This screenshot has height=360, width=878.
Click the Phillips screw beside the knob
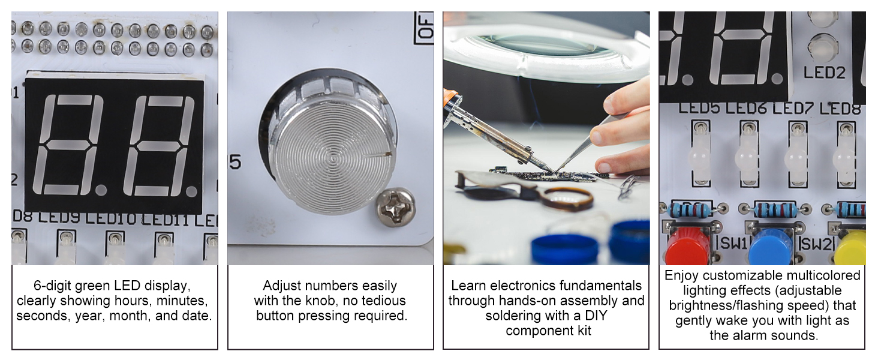[x=396, y=207]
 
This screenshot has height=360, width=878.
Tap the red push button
[x=688, y=246]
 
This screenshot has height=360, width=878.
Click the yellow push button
[x=850, y=248]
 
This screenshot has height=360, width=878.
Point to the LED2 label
[x=824, y=73]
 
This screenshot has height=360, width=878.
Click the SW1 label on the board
[x=733, y=244]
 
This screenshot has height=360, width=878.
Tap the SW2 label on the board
[x=816, y=244]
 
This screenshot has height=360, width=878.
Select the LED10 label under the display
[x=111, y=218]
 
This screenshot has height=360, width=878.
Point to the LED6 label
[x=746, y=108]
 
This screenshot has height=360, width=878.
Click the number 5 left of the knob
[x=235, y=162]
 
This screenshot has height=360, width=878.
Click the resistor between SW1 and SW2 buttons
[x=775, y=210]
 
